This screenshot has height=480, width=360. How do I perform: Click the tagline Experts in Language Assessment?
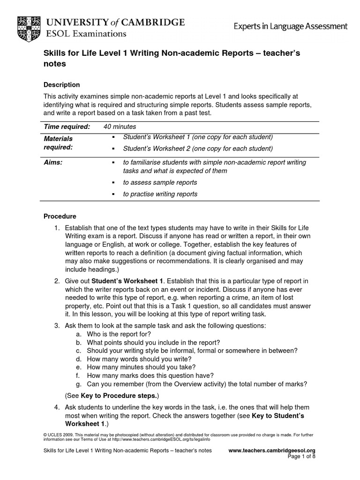coord(291,27)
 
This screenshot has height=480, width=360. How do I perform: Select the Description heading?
coord(61,85)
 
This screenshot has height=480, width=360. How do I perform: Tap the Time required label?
coord(67,127)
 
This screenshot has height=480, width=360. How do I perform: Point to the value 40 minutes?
coord(120,127)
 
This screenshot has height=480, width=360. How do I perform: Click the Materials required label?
coord(58,143)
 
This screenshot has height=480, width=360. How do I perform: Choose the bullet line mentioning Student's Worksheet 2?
coord(197,149)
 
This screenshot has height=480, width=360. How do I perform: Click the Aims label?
coord(53,162)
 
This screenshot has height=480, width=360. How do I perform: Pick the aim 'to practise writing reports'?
coord(160,194)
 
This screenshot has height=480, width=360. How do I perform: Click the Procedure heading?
coord(60,217)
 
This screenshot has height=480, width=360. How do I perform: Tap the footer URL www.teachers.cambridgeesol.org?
coord(275,450)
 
